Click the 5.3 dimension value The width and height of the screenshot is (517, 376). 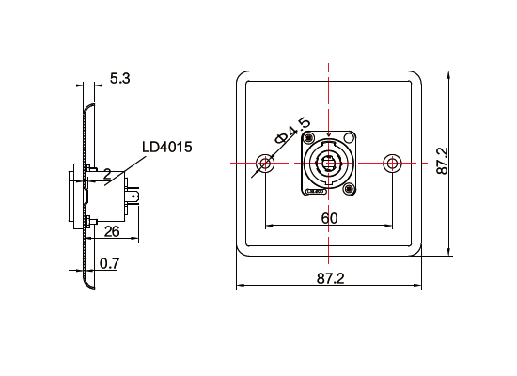click(119, 78)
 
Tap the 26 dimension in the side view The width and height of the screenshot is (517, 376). click(111, 230)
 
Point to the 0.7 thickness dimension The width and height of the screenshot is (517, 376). click(109, 264)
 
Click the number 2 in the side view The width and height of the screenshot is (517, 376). click(107, 174)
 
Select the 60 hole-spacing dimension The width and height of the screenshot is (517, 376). click(329, 217)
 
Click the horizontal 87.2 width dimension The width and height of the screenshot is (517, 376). click(330, 278)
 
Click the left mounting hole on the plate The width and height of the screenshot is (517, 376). click(266, 164)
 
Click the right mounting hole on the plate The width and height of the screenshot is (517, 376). click(393, 164)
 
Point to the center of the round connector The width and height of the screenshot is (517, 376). click(329, 164)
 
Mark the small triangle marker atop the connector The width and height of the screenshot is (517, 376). click(328, 134)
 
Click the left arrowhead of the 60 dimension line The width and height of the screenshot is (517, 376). click(270, 226)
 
